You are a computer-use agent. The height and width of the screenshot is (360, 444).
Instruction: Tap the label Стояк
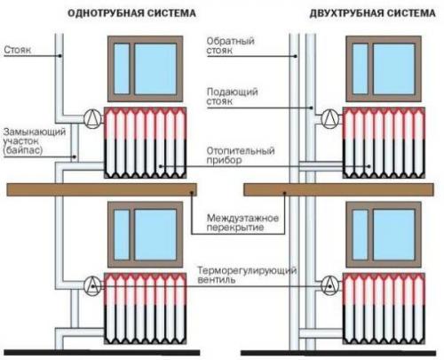18,51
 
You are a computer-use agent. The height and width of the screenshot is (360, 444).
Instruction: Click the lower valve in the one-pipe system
91,284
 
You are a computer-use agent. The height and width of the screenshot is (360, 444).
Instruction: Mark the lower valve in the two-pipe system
329,284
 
